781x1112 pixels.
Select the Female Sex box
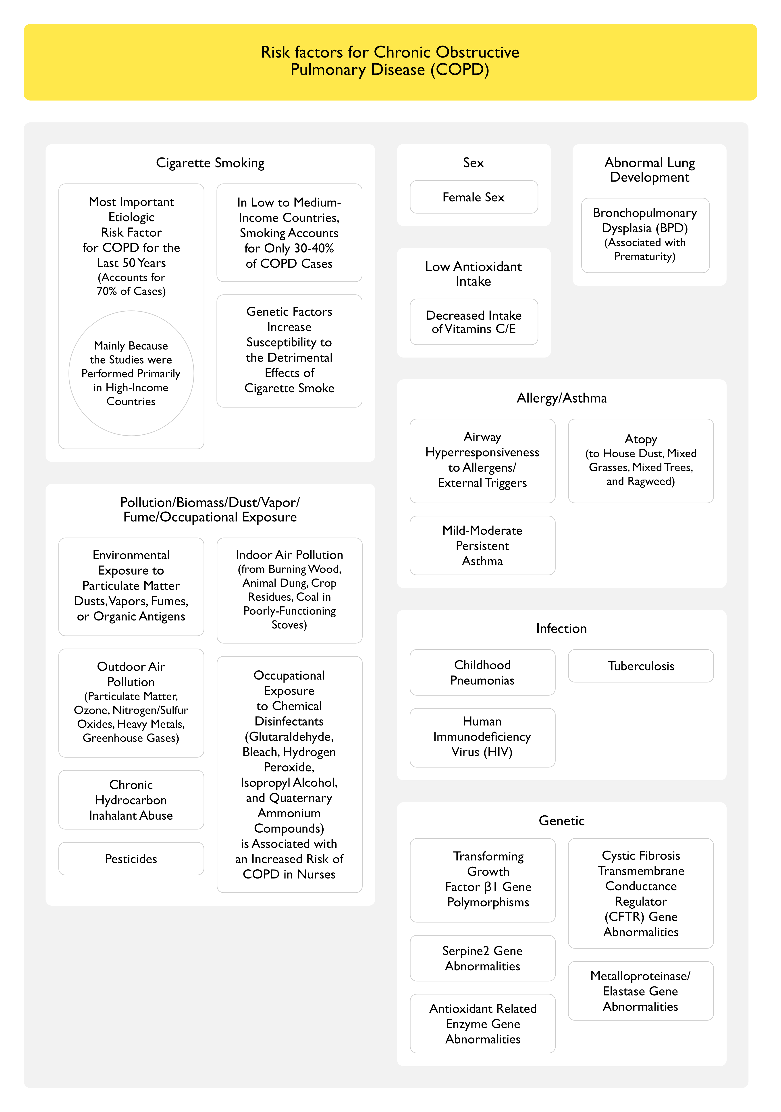473,197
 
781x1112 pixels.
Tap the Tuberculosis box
640,666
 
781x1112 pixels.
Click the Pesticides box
131,859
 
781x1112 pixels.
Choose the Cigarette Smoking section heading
210,163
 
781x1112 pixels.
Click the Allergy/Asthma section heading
561,398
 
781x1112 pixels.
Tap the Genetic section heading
561,821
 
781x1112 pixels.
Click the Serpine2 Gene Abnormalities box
482,958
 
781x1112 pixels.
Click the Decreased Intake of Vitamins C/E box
473,322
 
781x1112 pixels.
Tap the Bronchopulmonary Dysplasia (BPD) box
645,235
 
